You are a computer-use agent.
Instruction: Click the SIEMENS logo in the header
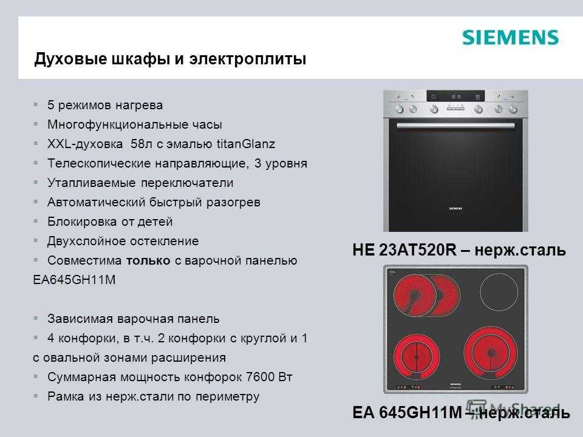coord(510,38)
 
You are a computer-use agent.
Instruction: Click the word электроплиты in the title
coord(248,59)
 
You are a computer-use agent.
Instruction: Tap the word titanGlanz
coord(246,144)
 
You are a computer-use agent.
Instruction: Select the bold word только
coord(148,260)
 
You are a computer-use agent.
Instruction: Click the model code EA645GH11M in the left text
coord(74,279)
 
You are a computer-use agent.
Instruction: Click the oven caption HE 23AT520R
coord(404,249)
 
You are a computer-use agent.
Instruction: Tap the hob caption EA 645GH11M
coord(407,413)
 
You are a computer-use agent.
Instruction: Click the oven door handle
coord(455,126)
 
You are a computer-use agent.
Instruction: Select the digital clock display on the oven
coord(455,97)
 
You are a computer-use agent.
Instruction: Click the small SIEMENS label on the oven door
coord(455,209)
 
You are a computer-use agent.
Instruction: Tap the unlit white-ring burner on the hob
coord(499,292)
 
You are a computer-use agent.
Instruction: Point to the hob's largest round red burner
coord(491,352)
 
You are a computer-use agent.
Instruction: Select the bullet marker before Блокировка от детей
coord(36,221)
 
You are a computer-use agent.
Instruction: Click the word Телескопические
coord(99,163)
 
